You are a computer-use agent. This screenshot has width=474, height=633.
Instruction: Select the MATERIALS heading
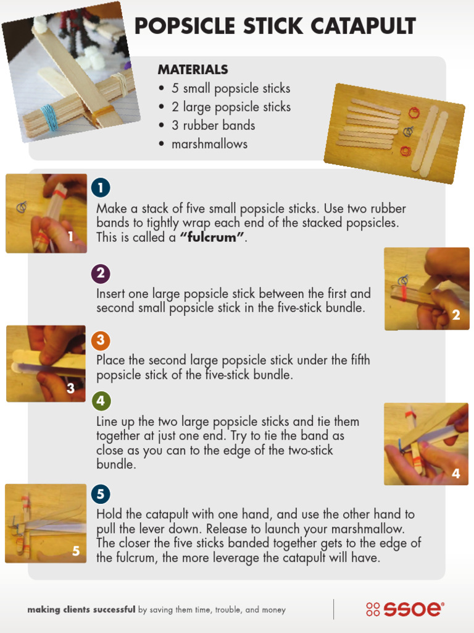coord(193,70)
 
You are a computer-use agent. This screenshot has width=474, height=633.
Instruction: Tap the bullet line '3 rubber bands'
coord(213,125)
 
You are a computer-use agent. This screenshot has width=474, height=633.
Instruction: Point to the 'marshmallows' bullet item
coord(209,144)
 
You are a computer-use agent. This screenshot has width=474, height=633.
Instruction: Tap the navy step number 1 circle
coord(101,187)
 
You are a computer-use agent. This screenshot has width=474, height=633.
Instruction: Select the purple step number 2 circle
coord(101,273)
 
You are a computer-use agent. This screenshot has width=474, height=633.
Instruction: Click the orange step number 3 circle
coord(101,340)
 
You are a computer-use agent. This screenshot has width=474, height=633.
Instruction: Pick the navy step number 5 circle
coord(101,494)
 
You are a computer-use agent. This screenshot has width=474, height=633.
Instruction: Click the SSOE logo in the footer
coord(405,609)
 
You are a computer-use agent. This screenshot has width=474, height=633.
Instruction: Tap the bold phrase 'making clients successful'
coord(81,610)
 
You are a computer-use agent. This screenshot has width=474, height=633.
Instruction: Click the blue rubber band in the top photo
coord(49,117)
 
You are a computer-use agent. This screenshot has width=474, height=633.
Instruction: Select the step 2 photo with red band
coord(426,289)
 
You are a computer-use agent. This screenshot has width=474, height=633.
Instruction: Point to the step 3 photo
coord(46,363)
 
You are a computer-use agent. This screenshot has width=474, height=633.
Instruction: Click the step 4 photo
coord(426,444)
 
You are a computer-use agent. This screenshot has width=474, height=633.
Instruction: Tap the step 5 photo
coord(46,523)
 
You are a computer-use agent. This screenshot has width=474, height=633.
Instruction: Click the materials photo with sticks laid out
coord(394,133)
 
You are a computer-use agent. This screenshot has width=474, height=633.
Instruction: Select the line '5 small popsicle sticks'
coord(230,88)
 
